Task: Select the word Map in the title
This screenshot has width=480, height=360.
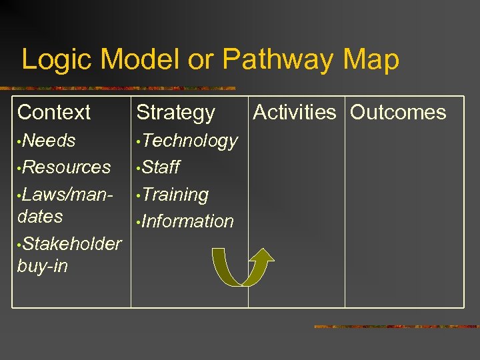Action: point(371,60)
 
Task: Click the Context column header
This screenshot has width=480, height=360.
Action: point(54,112)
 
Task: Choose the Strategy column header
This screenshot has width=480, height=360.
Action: point(175,113)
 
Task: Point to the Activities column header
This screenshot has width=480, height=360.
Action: point(295,112)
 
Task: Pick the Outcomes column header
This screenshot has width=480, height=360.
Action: point(398,112)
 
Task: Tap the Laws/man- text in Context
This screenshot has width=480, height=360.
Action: point(67,194)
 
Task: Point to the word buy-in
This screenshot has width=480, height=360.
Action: point(43,266)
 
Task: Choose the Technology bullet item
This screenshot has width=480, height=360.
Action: point(189,141)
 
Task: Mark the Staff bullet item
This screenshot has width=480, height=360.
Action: point(161,167)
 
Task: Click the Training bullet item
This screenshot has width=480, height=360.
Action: point(175,194)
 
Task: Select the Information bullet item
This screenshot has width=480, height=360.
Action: point(187,221)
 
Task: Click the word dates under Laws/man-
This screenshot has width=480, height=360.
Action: point(40,217)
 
